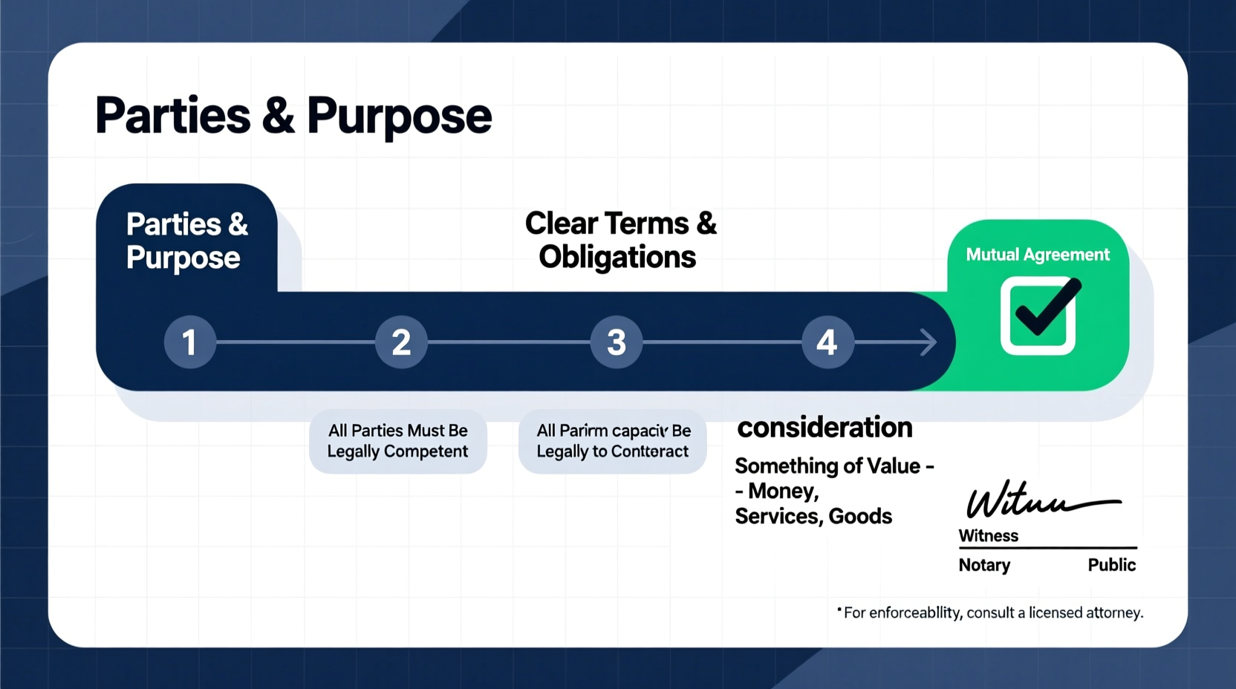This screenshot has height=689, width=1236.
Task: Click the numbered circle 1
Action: coord(190,342)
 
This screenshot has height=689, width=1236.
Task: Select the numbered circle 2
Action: coord(401,342)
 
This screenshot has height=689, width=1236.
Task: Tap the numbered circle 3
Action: coord(616,342)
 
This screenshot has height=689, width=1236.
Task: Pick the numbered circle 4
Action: coord(827,342)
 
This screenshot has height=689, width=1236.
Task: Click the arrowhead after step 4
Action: coord(928,342)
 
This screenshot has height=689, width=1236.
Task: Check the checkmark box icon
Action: coord(1038,316)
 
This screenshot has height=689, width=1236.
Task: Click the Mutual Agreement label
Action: coord(1037,255)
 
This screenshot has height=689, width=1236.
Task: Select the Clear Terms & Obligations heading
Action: coord(620,240)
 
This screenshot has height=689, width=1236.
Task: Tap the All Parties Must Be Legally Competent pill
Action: coord(398,441)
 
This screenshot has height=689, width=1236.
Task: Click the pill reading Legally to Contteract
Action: coord(612,441)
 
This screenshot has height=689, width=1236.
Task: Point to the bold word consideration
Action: coord(824,428)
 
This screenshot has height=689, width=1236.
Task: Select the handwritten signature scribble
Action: coord(1040,500)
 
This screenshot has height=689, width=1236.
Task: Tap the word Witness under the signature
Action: coord(988,536)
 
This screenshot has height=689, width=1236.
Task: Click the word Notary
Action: coord(984,565)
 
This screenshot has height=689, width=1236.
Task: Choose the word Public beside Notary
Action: coord(1111,565)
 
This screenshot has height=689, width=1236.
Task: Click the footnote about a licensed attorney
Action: coord(992,613)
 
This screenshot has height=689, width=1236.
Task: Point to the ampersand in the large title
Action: coord(279,117)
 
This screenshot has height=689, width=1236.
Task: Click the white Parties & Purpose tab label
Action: coord(186,241)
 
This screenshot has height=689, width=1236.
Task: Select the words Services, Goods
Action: coord(813,517)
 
